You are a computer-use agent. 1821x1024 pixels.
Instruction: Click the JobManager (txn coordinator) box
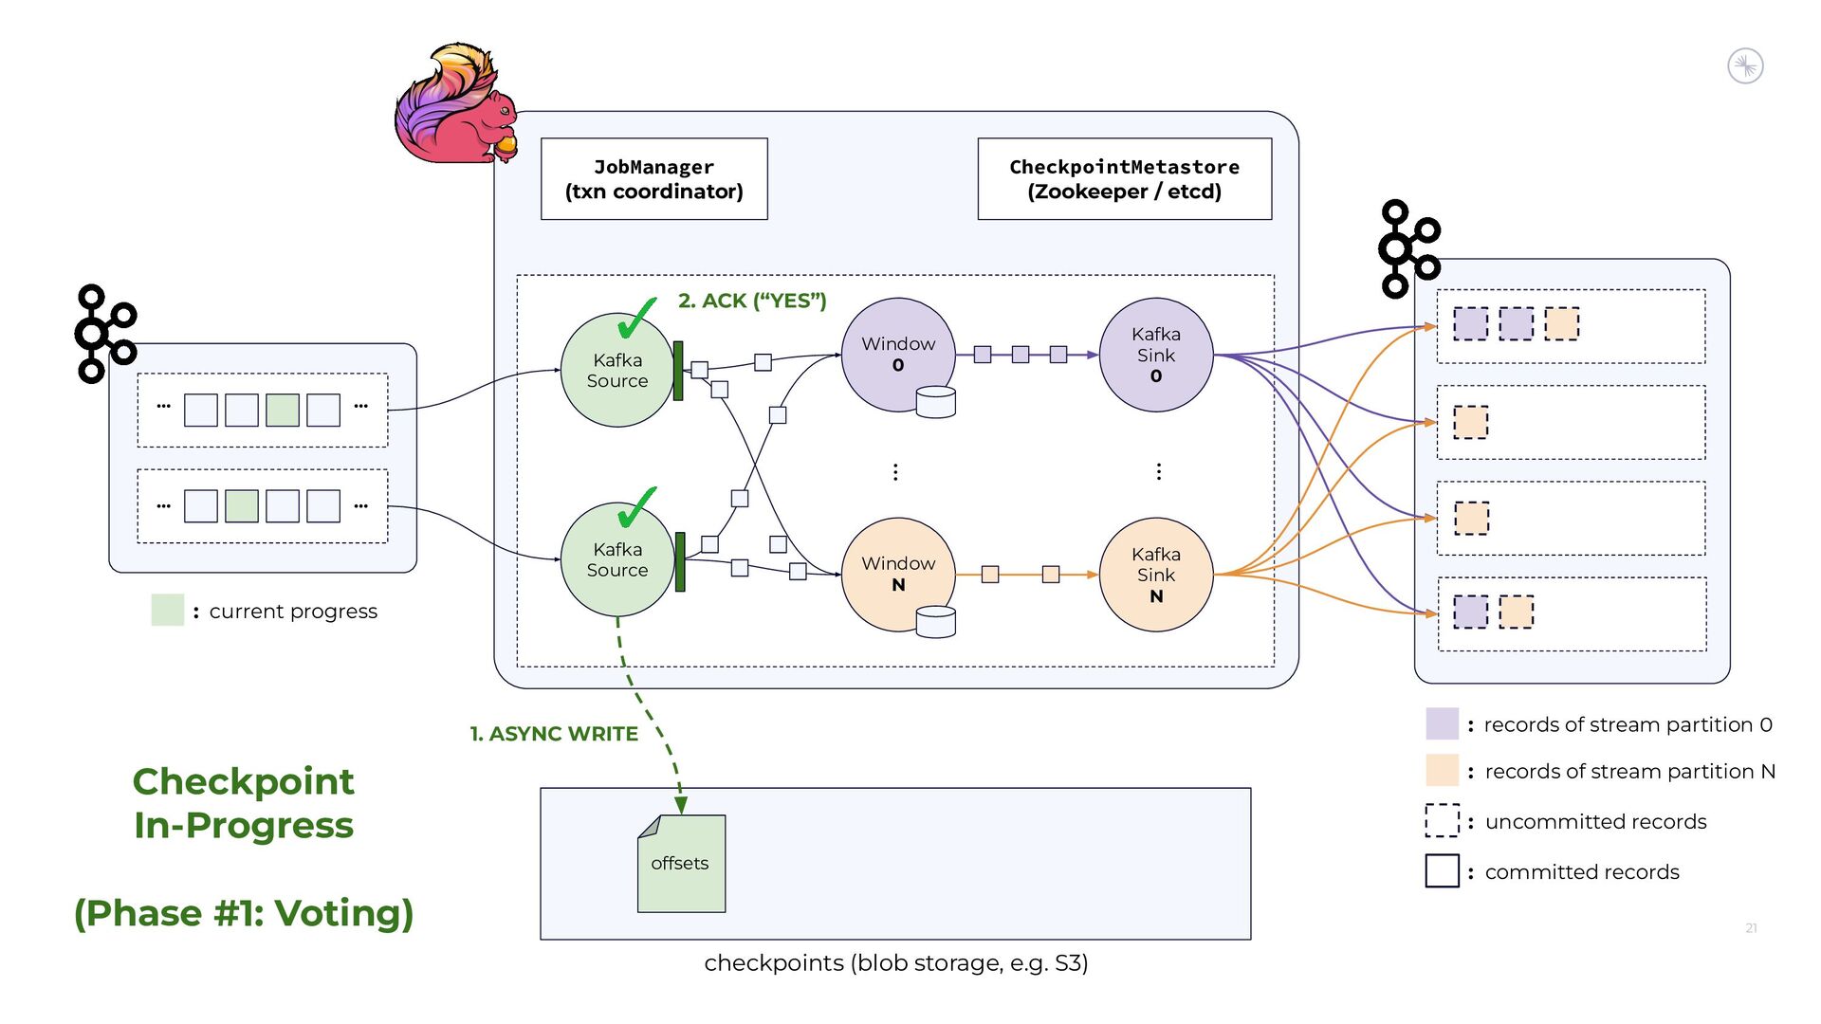[x=653, y=179]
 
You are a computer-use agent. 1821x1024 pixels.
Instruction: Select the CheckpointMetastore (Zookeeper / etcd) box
[x=1124, y=179]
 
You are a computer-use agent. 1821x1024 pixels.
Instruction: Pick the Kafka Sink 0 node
[x=1155, y=355]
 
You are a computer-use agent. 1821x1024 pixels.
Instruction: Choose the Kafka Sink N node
[x=1155, y=575]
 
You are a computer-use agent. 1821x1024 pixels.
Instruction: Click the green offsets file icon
[x=681, y=864]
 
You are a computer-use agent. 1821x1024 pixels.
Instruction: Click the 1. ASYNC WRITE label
[x=554, y=734]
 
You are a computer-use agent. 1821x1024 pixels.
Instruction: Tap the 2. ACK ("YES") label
[x=752, y=301]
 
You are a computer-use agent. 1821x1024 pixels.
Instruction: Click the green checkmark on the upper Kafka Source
[x=636, y=319]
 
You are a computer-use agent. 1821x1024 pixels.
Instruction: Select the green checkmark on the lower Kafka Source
[x=636, y=508]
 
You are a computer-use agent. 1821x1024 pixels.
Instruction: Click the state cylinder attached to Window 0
[x=935, y=402]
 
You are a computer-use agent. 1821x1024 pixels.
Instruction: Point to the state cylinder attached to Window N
[x=935, y=622]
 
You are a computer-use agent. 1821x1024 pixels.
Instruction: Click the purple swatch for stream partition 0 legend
[x=1442, y=723]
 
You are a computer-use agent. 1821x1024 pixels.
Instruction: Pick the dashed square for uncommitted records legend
[x=1442, y=820]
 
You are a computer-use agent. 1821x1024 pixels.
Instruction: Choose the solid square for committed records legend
[x=1442, y=870]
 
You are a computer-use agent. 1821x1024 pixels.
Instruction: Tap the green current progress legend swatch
[x=167, y=610]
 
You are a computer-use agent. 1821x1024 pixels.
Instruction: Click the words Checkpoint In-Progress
[x=244, y=803]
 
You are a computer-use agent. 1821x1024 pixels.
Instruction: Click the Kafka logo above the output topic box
[x=1409, y=247]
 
